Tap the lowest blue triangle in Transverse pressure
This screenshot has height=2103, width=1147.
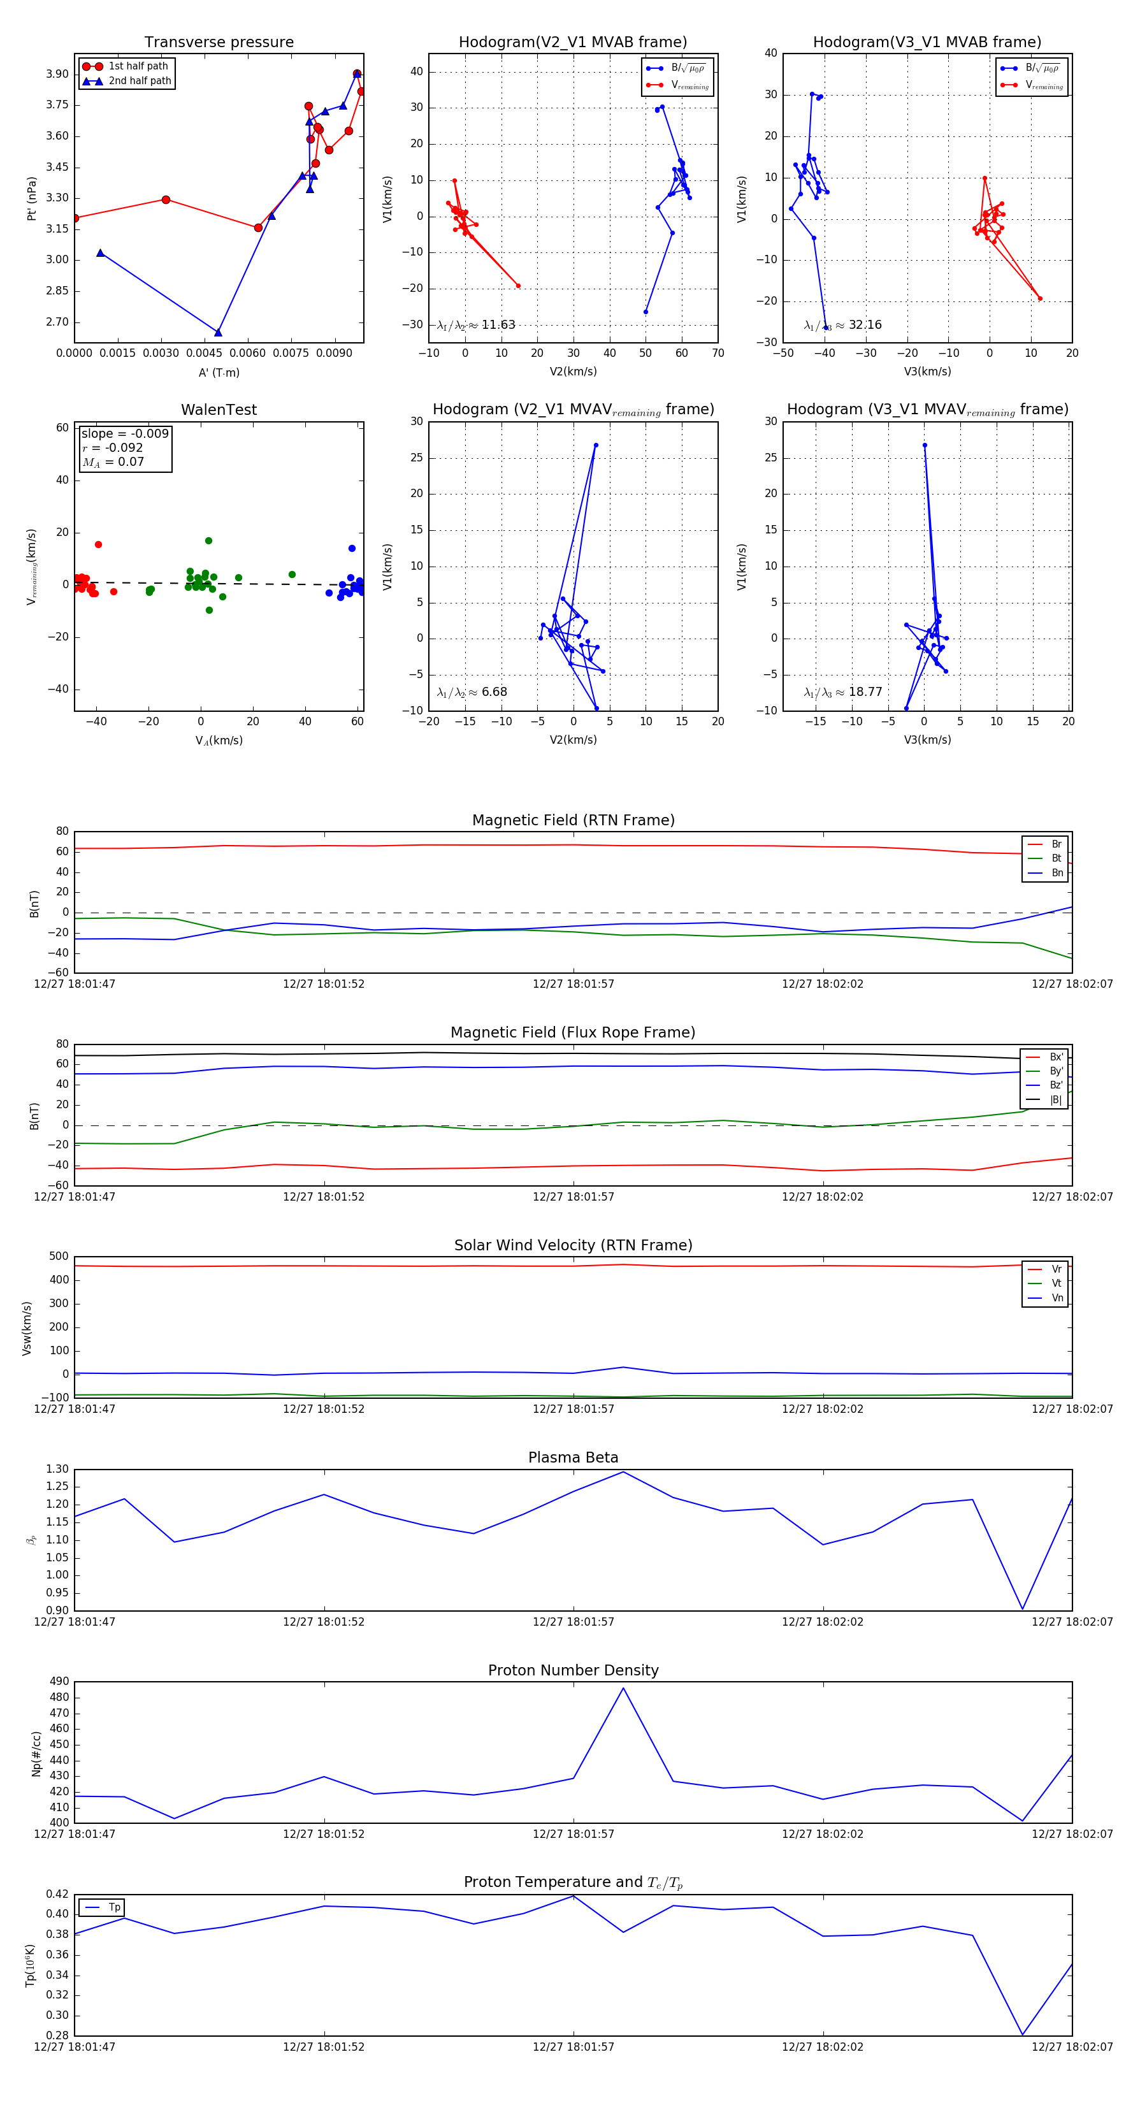218,332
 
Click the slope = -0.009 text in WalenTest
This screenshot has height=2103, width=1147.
125,433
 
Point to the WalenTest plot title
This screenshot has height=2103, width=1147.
219,410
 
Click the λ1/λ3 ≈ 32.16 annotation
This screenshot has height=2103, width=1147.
842,325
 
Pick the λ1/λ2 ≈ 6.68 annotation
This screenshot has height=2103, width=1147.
472,692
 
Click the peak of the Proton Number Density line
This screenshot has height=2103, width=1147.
624,1688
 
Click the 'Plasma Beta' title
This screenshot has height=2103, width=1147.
573,1458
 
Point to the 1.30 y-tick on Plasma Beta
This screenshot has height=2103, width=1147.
57,1470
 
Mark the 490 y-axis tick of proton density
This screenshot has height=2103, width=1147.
59,1682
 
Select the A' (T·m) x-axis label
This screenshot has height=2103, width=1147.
219,372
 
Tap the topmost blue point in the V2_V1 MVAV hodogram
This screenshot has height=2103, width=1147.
596,445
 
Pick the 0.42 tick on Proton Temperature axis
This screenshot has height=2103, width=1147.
57,1894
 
